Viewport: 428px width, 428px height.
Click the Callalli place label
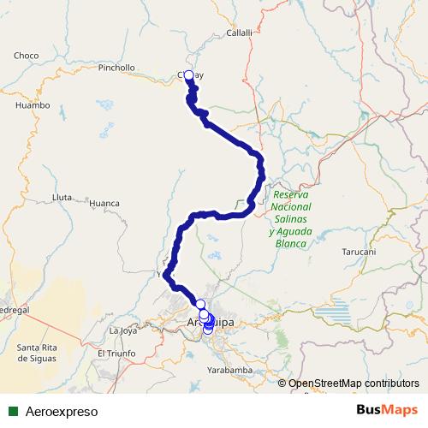(x=240, y=33)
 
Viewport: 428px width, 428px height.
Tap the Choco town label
(x=26, y=56)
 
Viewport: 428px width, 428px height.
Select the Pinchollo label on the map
(x=117, y=67)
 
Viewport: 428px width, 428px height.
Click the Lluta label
(x=62, y=197)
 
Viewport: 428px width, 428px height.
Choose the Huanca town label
(x=104, y=204)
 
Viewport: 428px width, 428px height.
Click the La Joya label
(x=123, y=330)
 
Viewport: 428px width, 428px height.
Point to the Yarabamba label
(x=229, y=370)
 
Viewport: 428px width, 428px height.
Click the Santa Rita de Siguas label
(x=38, y=352)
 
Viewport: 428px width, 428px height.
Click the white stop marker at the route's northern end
(x=188, y=74)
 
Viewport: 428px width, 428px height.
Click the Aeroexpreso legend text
(x=62, y=411)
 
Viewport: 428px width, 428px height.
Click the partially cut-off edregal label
(x=15, y=308)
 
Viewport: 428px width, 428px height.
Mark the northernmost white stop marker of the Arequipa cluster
(x=200, y=305)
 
